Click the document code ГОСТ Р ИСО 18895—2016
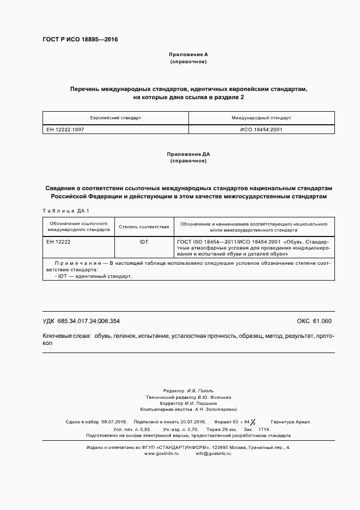point(80,40)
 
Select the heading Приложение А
point(188,56)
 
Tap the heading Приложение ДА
point(188,155)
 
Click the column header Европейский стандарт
point(115,118)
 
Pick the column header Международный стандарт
point(261,118)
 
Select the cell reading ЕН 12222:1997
point(65,130)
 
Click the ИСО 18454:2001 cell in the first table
point(261,130)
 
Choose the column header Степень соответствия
point(144,227)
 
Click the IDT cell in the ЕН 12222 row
point(144,241)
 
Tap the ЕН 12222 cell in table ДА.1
point(58,241)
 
